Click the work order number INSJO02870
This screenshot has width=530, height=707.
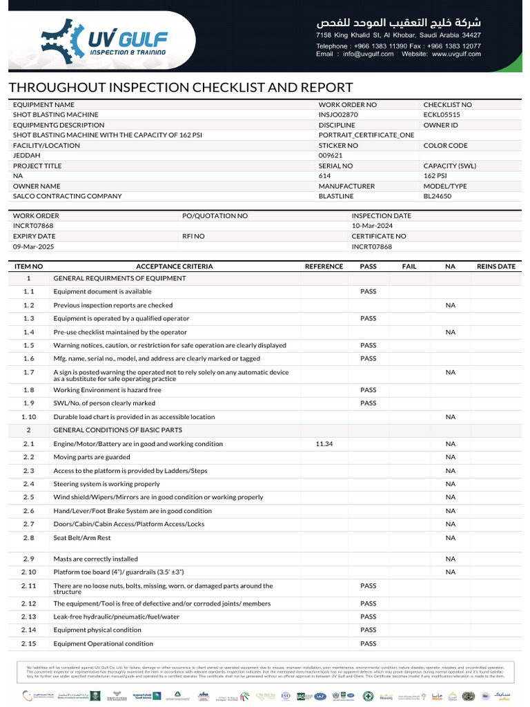tap(338, 115)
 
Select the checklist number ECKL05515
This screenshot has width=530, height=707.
tap(442, 115)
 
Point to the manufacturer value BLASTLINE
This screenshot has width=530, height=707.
tap(335, 196)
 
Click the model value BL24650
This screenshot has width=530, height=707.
tap(437, 196)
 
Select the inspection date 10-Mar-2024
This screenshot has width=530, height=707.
tap(373, 226)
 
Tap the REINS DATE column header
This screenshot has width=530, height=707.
tap(495, 267)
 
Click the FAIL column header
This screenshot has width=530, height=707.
tap(409, 267)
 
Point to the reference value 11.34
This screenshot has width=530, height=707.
tap(324, 444)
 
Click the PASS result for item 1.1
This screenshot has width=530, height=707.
tap(368, 292)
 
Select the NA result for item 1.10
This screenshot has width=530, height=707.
tap(450, 417)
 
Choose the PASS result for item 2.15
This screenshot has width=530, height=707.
tap(368, 643)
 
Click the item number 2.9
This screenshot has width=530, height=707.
tap(28, 559)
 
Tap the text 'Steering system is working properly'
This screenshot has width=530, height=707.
tap(106, 484)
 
